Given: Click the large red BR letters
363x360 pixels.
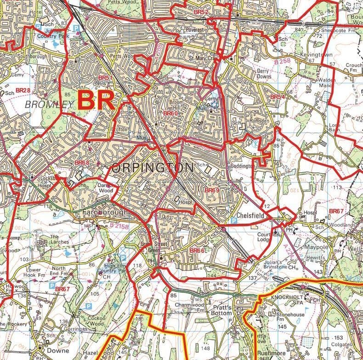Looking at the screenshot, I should [96, 100].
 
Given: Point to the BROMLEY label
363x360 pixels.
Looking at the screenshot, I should [49, 104].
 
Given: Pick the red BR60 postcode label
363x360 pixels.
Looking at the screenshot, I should [170, 113].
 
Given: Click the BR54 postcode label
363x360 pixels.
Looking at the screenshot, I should [278, 97].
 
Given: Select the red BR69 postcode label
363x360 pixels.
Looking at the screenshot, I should [212, 190].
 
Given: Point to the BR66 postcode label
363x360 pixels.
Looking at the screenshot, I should [197, 250].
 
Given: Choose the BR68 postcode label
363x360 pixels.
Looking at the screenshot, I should [82, 163].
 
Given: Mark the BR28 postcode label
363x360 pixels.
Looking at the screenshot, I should [23, 91].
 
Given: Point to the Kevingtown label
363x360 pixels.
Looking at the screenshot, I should [316, 55].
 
